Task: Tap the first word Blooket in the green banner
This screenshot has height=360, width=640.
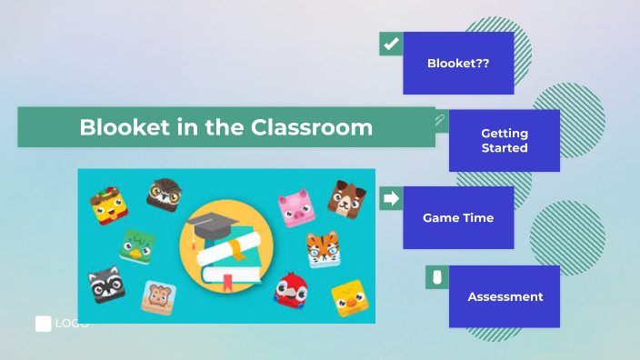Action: point(118,127)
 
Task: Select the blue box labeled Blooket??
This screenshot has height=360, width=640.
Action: point(459,64)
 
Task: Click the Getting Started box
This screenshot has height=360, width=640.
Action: point(505,141)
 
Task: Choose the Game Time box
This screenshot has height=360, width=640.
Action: point(459,218)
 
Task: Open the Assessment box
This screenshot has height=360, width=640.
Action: point(505,296)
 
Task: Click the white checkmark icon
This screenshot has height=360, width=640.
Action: point(391,44)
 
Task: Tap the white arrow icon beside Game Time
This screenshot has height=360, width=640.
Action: point(391,198)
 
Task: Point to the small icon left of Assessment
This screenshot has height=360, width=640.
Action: point(436,277)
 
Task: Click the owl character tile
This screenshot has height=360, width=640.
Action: point(165,195)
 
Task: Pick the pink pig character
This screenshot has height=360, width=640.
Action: point(295,208)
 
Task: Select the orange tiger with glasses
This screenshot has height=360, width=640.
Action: point(322,248)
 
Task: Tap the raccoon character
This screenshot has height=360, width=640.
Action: point(106,284)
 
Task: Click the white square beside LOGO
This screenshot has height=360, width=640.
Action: point(43,324)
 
